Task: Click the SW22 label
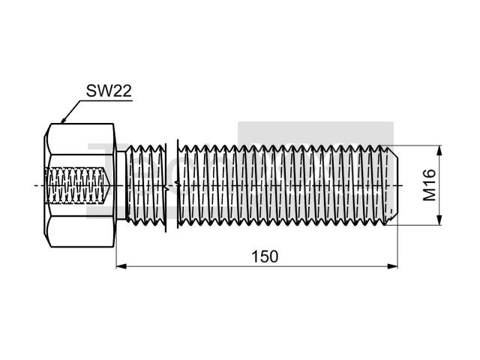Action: [109, 91]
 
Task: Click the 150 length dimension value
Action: [265, 256]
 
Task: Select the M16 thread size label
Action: [429, 185]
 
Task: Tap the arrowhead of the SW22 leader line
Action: [63, 121]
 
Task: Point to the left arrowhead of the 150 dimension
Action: [121, 266]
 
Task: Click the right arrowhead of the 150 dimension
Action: [392, 266]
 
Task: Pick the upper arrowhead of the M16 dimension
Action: [439, 150]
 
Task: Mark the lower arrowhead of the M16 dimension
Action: [439, 220]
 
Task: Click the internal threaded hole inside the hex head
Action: [77, 185]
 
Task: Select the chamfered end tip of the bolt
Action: [392, 185]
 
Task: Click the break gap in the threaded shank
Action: [172, 185]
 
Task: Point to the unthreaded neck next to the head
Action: [121, 185]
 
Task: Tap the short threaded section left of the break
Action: [146, 185]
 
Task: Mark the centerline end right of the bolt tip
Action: [402, 185]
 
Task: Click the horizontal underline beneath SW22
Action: [106, 100]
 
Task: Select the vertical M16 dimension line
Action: [439, 185]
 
